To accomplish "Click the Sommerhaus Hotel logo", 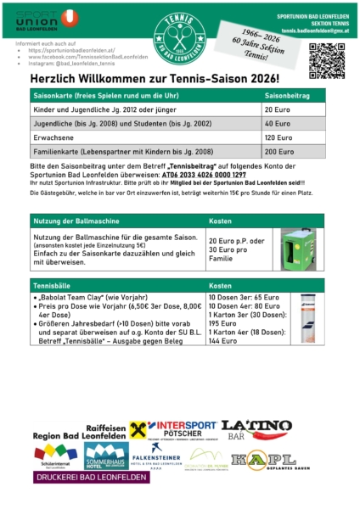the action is click(x=104, y=456).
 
